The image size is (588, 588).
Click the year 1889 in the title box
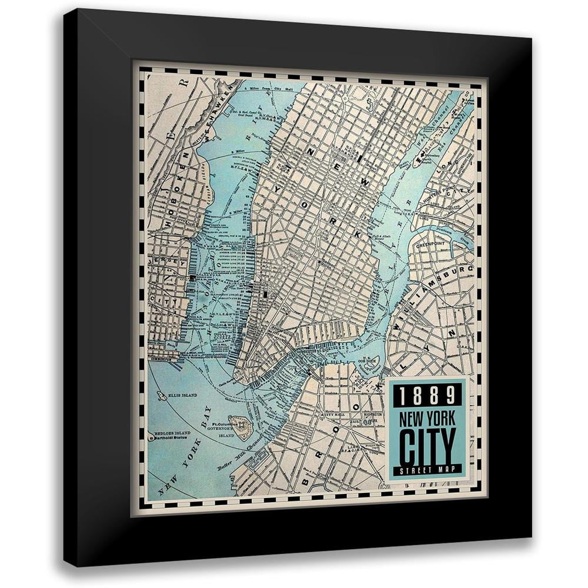click(427, 395)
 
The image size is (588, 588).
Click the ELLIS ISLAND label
click(182, 395)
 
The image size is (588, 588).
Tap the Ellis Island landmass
click(161, 396)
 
